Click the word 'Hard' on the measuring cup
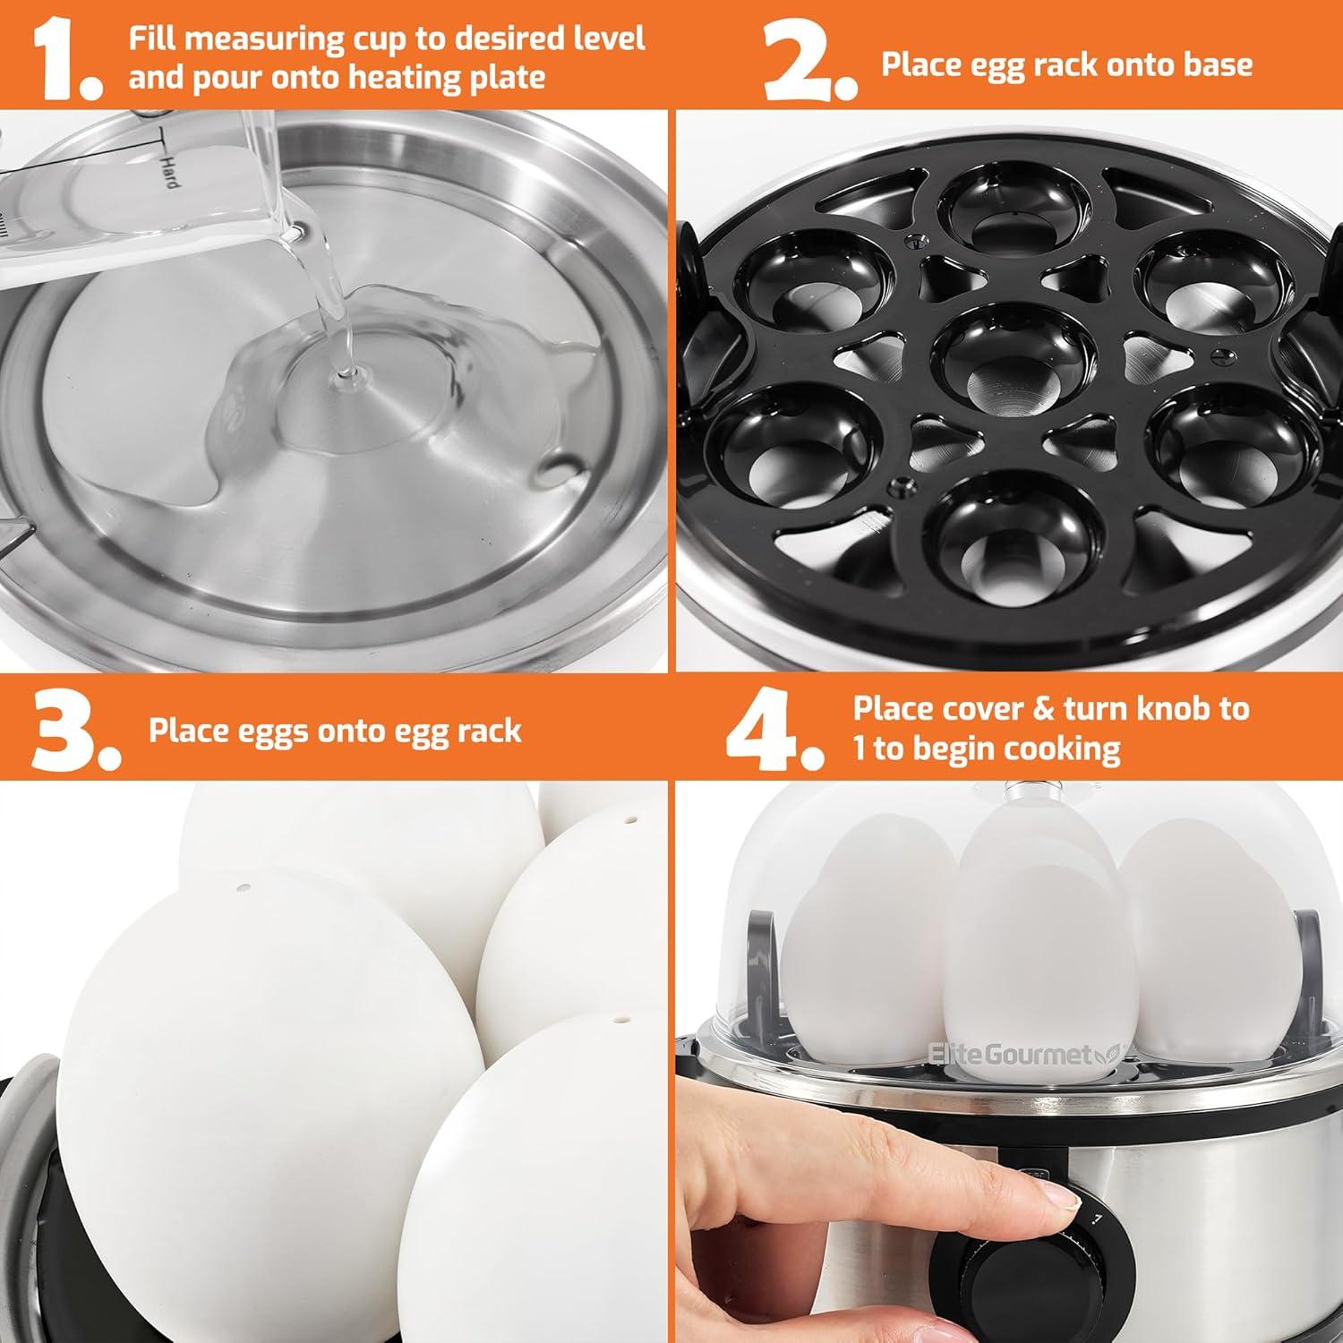pos(168,170)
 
